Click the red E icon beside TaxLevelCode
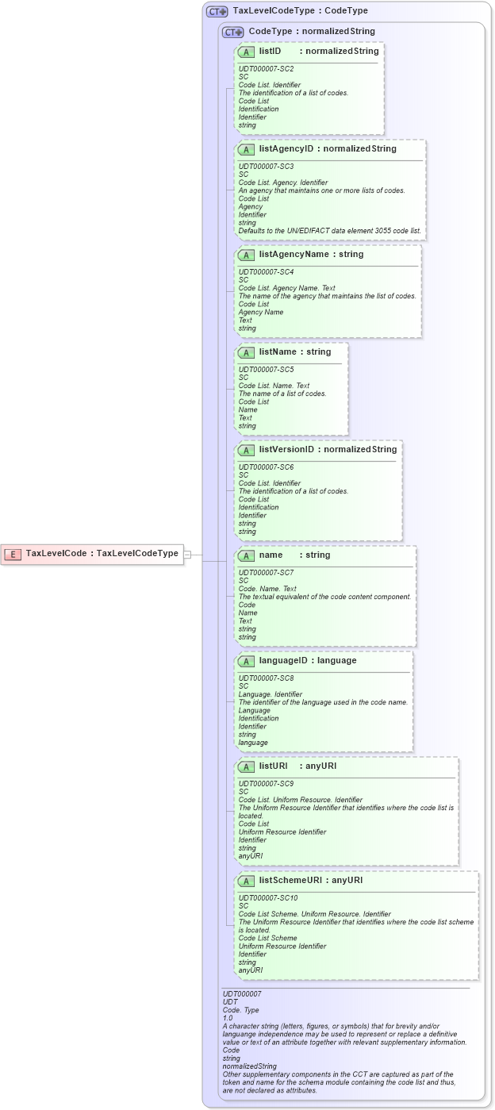coord(13,554)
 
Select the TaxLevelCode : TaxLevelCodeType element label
coord(102,554)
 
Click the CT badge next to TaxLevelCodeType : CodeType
coord(217,12)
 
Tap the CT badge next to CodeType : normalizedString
coord(232,32)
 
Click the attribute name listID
coord(270,52)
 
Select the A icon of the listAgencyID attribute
coord(246,149)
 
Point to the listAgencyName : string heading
coord(311,255)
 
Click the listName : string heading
coord(295,352)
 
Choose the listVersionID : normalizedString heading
coord(328,450)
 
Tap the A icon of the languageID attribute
coord(246,661)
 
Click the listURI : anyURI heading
coord(297,766)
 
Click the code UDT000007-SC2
coord(266,69)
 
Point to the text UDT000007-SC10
coord(268,898)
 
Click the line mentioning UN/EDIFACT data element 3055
coord(330,231)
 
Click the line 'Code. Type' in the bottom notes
coord(241,1010)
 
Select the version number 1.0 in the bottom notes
coord(228,1018)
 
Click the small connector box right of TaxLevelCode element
coord(188,555)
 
